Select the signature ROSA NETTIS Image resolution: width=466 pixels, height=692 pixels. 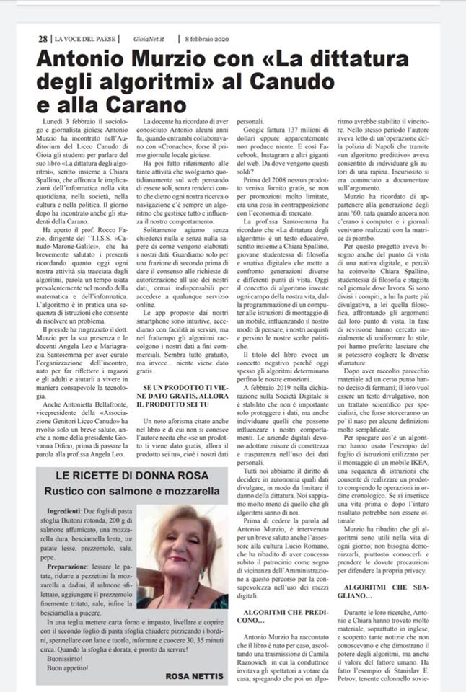193,676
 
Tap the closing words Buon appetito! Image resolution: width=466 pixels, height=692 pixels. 66,657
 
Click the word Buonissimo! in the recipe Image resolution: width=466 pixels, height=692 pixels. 66,647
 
